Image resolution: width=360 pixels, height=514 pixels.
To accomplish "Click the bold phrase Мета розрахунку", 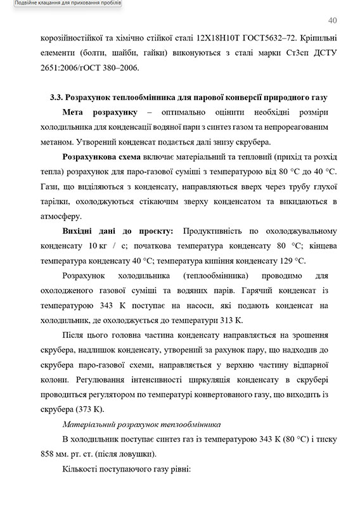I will click(x=100, y=112).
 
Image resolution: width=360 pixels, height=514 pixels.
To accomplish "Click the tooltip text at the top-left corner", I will click(x=60, y=4).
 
